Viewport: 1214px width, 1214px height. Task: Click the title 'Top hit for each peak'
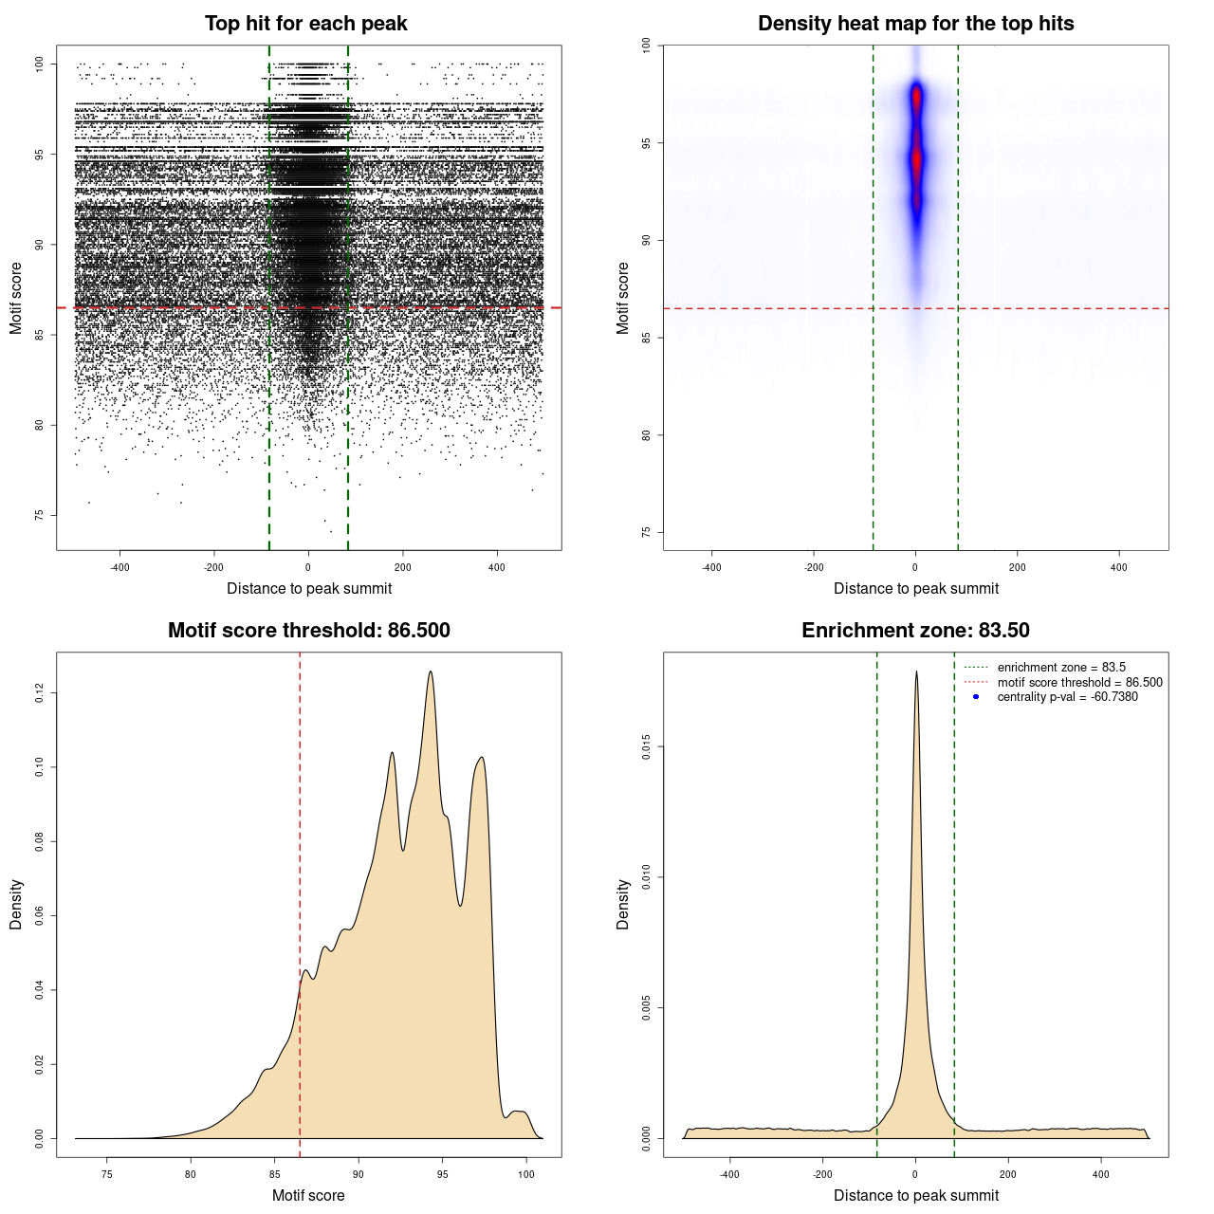point(305,24)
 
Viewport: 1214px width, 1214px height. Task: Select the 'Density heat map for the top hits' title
point(915,24)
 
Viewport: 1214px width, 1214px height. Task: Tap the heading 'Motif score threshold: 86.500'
point(308,631)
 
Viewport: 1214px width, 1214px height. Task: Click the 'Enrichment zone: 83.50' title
point(915,631)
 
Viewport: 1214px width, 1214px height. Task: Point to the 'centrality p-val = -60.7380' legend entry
point(1067,697)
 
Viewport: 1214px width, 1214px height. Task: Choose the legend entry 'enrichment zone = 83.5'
point(1061,668)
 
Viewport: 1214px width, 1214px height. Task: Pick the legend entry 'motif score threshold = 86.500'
point(1079,683)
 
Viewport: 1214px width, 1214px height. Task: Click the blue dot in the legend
point(976,697)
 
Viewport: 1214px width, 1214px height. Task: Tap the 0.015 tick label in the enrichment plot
point(647,747)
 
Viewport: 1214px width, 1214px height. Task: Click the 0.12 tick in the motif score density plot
point(40,693)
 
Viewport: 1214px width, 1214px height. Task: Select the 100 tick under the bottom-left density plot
point(526,1174)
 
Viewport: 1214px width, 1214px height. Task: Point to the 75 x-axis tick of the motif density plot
point(107,1174)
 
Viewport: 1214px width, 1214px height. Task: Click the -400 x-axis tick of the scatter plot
point(120,567)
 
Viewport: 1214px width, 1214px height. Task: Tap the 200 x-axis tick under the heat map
point(1018,567)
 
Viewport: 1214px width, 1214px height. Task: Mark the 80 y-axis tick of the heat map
point(647,435)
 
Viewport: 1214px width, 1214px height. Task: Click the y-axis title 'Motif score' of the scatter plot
point(16,299)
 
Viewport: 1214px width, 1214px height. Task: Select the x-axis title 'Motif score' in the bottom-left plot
point(308,1195)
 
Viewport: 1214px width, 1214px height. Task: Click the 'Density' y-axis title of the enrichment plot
point(623,904)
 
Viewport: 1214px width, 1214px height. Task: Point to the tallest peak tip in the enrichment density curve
point(916,671)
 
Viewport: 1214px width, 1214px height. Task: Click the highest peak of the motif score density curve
point(431,671)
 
